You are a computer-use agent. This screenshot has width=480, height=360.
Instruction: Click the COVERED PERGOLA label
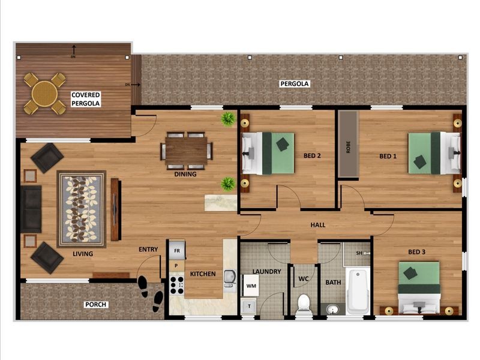(x=86, y=99)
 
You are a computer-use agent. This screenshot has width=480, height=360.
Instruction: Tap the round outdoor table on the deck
(x=44, y=93)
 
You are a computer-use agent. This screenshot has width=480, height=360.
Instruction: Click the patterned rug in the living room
(x=81, y=209)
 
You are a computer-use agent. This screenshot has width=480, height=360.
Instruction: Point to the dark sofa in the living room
(x=31, y=209)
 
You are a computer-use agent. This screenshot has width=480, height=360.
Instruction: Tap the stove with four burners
(x=177, y=283)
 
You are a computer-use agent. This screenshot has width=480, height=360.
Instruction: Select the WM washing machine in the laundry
(x=250, y=285)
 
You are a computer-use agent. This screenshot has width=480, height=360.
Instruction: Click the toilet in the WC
(x=304, y=304)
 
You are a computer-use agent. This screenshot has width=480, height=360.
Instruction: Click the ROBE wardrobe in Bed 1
(x=347, y=144)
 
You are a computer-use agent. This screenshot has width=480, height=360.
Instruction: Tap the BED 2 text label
(x=312, y=156)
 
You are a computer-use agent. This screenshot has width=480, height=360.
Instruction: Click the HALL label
(x=318, y=225)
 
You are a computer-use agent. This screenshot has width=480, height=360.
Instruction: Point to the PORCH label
(x=95, y=305)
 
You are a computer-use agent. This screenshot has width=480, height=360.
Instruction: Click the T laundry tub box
(x=249, y=306)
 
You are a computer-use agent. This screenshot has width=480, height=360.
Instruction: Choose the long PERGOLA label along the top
(x=295, y=84)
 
